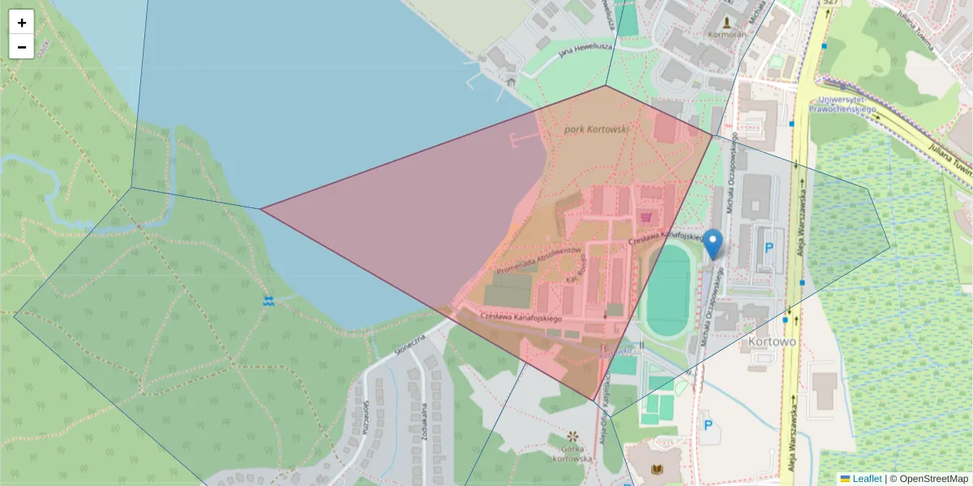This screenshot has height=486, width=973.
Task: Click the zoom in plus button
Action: pyautogui.click(x=21, y=23)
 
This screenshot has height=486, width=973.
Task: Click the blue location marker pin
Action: pyautogui.click(x=713, y=244)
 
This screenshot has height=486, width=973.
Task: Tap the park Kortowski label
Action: pyautogui.click(x=596, y=129)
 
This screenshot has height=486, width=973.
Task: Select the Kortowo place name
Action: pyautogui.click(x=773, y=342)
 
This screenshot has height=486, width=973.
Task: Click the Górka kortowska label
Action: pyautogui.click(x=572, y=454)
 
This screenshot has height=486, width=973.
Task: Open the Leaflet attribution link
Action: pyautogui.click(x=866, y=479)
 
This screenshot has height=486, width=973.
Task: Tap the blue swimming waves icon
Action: pyautogui.click(x=268, y=301)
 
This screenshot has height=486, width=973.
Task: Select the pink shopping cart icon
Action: pyautogui.click(x=645, y=217)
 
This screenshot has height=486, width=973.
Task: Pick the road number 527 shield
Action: pyautogui.click(x=829, y=3)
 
